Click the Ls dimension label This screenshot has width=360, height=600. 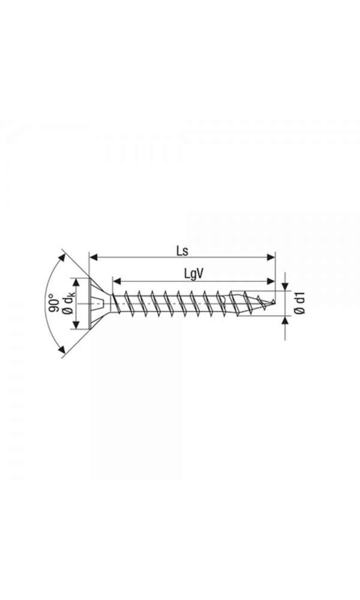[x=182, y=250]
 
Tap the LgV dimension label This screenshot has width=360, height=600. [x=193, y=274]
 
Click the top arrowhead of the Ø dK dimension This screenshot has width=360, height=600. [x=76, y=281]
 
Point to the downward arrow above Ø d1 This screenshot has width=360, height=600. [x=285, y=286]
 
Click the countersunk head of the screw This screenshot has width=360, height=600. [x=96, y=304]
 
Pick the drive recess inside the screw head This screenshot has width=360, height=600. [x=99, y=304]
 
